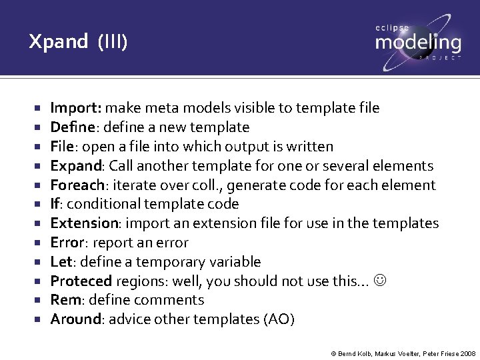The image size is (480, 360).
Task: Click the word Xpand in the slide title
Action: point(58,42)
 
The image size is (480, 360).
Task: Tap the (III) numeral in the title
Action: point(111,43)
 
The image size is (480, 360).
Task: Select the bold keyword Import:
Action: point(76,108)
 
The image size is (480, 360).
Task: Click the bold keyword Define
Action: point(74,127)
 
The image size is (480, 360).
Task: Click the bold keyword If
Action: point(55,204)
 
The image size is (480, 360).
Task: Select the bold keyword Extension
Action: point(84,223)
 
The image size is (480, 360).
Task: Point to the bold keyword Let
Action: point(61,262)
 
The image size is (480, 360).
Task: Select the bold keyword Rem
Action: point(64,301)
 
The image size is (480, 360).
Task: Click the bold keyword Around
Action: point(75,319)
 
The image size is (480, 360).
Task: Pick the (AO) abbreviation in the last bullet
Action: point(279,319)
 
